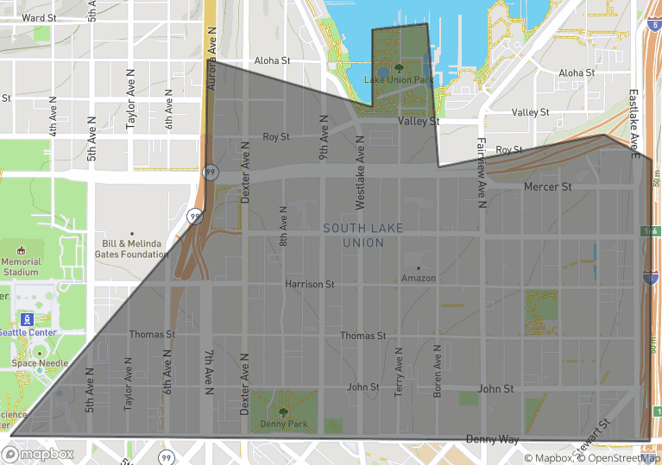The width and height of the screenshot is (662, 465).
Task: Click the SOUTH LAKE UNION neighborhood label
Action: [353, 235]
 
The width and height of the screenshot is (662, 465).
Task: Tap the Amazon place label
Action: [419, 278]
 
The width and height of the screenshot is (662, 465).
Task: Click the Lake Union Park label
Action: [398, 80]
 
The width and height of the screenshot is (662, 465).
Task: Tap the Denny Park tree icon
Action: [283, 412]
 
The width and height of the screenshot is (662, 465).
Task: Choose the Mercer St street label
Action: [547, 186]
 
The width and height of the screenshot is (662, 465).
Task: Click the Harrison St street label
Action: [310, 284]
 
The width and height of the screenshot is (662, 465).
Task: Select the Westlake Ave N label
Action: [361, 175]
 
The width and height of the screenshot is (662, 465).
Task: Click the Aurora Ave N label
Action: [211, 56]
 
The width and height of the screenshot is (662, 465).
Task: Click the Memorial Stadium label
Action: [21, 267]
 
